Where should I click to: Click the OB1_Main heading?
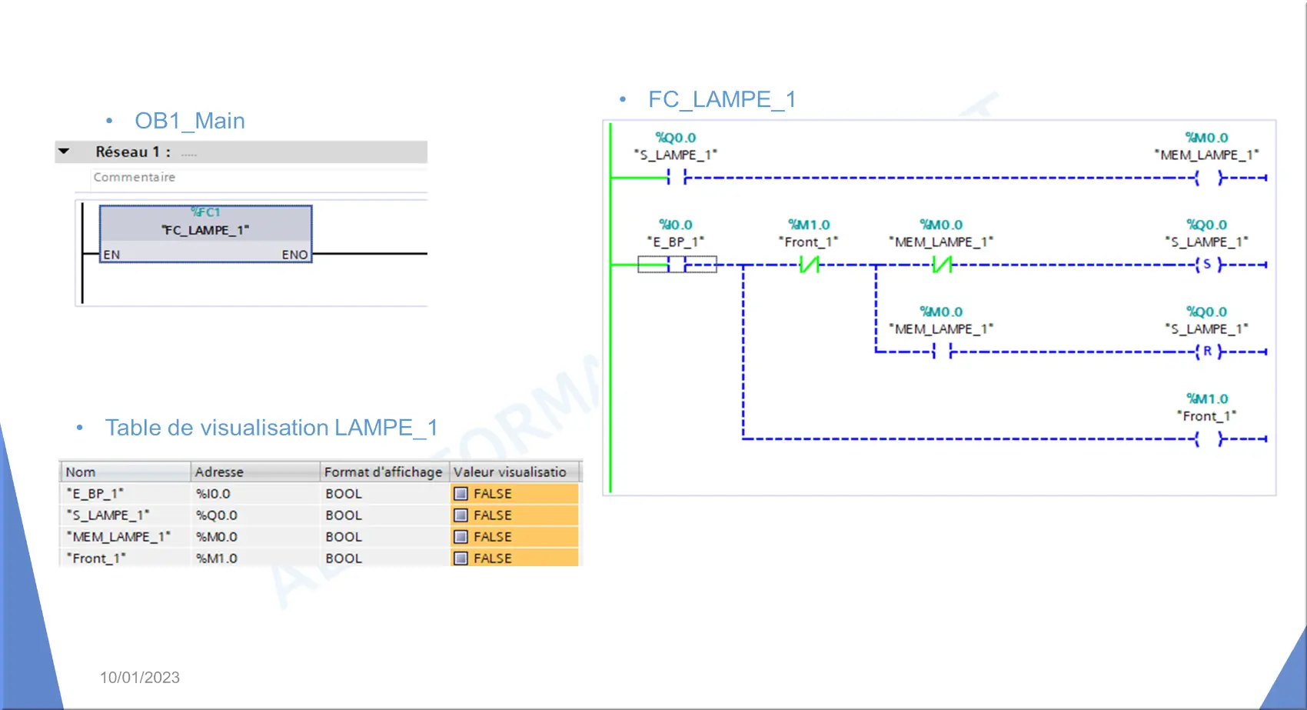(x=190, y=121)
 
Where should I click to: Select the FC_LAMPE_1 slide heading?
(x=723, y=99)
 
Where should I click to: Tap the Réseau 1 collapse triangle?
(x=64, y=152)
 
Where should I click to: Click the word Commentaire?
(x=135, y=177)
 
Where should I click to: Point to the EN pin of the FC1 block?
(x=111, y=255)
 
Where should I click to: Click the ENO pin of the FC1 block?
(x=294, y=255)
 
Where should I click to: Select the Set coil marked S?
(x=1207, y=265)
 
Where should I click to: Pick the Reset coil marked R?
(x=1207, y=352)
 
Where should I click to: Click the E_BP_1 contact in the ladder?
(x=677, y=265)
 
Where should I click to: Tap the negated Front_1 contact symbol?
(x=810, y=265)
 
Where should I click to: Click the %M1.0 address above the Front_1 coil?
(x=1207, y=398)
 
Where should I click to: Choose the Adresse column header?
(x=219, y=472)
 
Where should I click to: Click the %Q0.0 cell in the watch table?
(x=217, y=515)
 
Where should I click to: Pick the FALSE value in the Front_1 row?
(x=493, y=558)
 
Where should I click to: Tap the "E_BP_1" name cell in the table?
(x=95, y=493)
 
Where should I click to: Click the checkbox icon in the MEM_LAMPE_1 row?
(x=461, y=537)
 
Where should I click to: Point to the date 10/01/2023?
(x=139, y=677)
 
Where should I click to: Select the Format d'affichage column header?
(x=383, y=472)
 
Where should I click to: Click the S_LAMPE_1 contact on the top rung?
(x=677, y=177)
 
